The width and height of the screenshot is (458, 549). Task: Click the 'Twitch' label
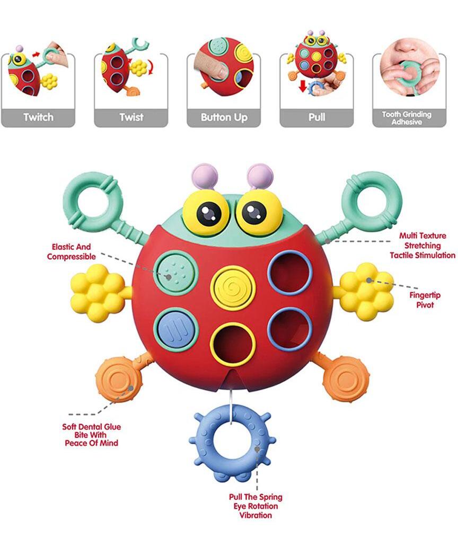(38, 117)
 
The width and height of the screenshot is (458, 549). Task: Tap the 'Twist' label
(131, 117)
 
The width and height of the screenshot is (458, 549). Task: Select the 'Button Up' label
(224, 117)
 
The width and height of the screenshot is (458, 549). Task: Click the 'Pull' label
(316, 117)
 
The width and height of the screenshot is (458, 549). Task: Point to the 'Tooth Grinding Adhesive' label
(407, 118)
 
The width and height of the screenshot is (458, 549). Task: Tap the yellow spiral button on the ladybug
(233, 287)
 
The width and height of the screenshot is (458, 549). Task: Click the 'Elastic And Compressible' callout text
(71, 251)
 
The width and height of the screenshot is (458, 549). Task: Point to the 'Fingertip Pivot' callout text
(421, 300)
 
